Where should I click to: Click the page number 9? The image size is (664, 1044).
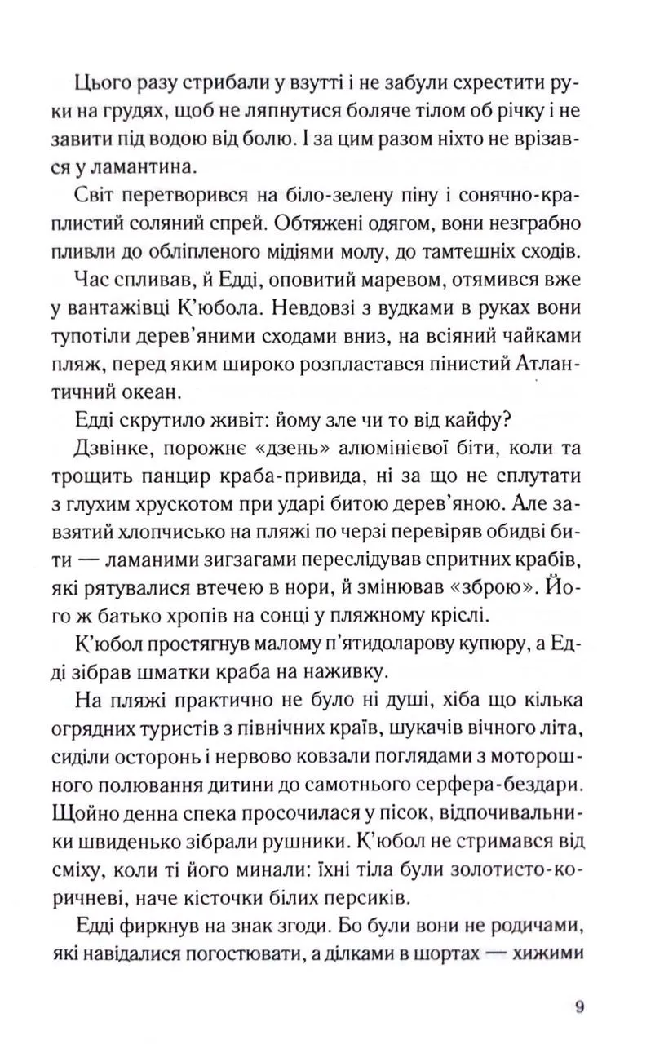pyautogui.click(x=579, y=1006)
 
